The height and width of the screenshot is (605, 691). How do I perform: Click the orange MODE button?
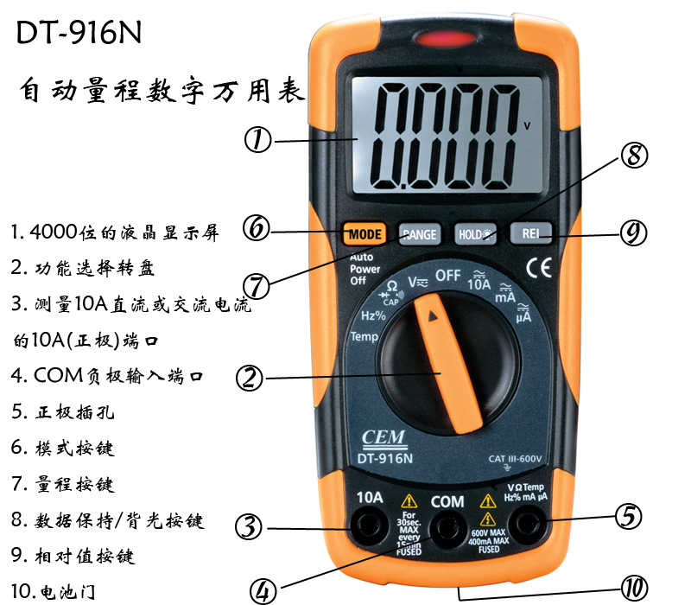(365, 233)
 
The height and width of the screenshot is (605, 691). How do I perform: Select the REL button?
(530, 232)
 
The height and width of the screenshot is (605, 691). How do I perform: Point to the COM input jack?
(447, 526)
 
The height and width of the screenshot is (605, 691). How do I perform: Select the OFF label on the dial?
(448, 276)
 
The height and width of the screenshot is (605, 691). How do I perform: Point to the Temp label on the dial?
(364, 336)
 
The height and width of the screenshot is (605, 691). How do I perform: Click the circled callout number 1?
(258, 140)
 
